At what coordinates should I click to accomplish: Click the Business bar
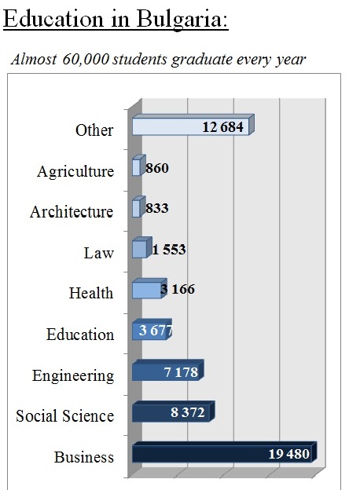pyautogui.click(x=224, y=452)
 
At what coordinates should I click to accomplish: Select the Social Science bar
pyautogui.click(x=173, y=411)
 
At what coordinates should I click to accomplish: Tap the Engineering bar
pyautogui.click(x=168, y=371)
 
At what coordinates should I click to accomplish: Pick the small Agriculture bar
pyautogui.click(x=138, y=165)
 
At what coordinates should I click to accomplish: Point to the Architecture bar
pyautogui.click(x=138, y=207)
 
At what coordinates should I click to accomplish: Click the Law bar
pyautogui.click(x=142, y=247)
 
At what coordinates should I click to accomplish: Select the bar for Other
pyautogui.click(x=193, y=125)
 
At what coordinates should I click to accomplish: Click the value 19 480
pyautogui.click(x=289, y=454)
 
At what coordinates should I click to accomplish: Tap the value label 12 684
pyautogui.click(x=222, y=127)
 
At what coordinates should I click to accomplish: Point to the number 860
pyautogui.click(x=157, y=168)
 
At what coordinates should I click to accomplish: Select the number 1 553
pyautogui.click(x=169, y=250)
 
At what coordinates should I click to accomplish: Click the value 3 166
pyautogui.click(x=178, y=289)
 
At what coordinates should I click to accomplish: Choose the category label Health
pyautogui.click(x=91, y=293)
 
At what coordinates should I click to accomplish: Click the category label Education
pyautogui.click(x=80, y=335)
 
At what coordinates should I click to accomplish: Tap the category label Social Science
pyautogui.click(x=64, y=416)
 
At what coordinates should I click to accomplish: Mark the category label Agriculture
pyautogui.click(x=75, y=171)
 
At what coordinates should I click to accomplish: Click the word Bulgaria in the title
pyautogui.click(x=182, y=20)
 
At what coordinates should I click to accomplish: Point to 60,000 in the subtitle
pyautogui.click(x=86, y=59)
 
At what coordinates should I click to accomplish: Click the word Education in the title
pyautogui.click(x=53, y=19)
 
